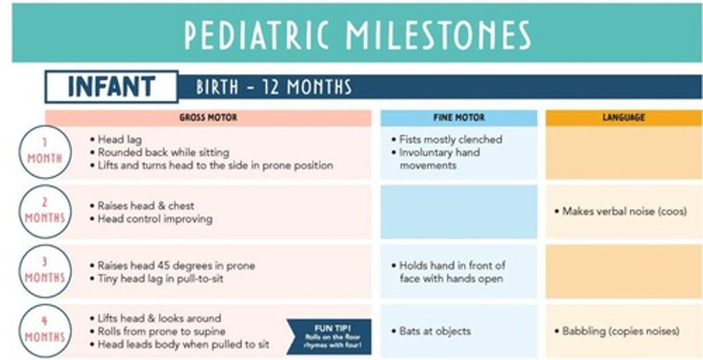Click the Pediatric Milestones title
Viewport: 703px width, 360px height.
[357, 35]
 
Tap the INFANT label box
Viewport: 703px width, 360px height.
[112, 87]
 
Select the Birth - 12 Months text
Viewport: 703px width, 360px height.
[273, 87]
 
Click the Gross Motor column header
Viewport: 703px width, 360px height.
[208, 118]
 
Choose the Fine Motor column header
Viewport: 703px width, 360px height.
[459, 118]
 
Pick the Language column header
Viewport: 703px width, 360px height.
[623, 118]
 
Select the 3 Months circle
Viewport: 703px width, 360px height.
[45, 272]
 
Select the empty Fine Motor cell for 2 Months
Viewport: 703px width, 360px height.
[459, 212]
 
